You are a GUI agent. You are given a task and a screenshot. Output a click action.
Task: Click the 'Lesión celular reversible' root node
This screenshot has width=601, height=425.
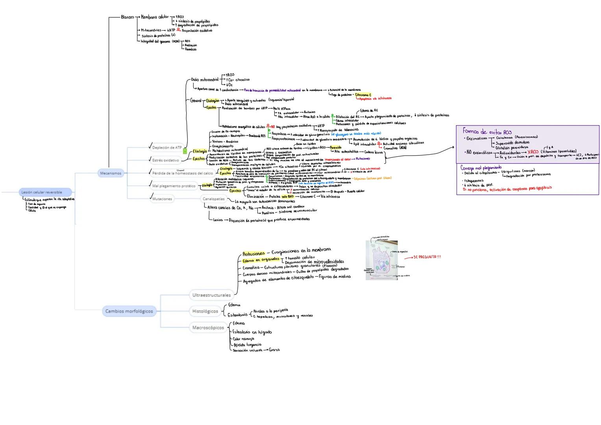(45, 192)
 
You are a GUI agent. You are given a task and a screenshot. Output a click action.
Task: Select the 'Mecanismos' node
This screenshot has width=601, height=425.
(111, 173)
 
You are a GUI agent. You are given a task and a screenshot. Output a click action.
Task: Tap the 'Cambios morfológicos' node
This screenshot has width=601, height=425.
(129, 311)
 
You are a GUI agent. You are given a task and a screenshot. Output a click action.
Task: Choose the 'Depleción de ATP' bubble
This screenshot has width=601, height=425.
(167, 148)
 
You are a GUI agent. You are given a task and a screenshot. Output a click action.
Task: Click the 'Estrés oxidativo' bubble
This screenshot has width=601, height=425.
(165, 160)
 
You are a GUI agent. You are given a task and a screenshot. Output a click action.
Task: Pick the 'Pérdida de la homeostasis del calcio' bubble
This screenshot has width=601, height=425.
(183, 173)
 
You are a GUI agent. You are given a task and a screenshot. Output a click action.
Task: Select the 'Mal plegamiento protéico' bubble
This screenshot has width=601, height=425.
(174, 186)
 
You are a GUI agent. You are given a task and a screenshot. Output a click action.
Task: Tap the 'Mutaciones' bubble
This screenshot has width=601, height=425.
(162, 199)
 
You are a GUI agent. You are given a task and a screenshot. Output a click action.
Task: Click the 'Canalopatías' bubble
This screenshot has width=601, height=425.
(214, 199)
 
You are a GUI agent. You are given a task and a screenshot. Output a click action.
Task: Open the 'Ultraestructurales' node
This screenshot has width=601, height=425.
(211, 295)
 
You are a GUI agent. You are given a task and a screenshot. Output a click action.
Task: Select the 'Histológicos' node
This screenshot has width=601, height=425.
(205, 311)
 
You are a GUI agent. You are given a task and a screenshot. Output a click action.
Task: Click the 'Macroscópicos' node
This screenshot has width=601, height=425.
(208, 327)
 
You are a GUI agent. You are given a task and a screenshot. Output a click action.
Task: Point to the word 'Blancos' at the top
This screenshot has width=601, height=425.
(127, 17)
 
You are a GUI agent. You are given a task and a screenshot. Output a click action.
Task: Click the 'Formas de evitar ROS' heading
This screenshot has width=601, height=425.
(487, 132)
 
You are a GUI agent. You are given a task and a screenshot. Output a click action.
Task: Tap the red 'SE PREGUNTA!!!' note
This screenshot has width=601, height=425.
(427, 257)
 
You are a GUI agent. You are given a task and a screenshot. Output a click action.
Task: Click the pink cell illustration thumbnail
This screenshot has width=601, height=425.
(381, 260)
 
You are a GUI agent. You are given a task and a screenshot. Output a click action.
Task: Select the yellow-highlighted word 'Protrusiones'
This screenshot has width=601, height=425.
(253, 254)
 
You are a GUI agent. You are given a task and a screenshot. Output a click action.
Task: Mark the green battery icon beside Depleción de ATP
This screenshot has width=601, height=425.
(185, 150)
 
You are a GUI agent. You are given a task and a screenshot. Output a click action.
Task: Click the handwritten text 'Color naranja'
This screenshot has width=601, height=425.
(243, 338)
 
